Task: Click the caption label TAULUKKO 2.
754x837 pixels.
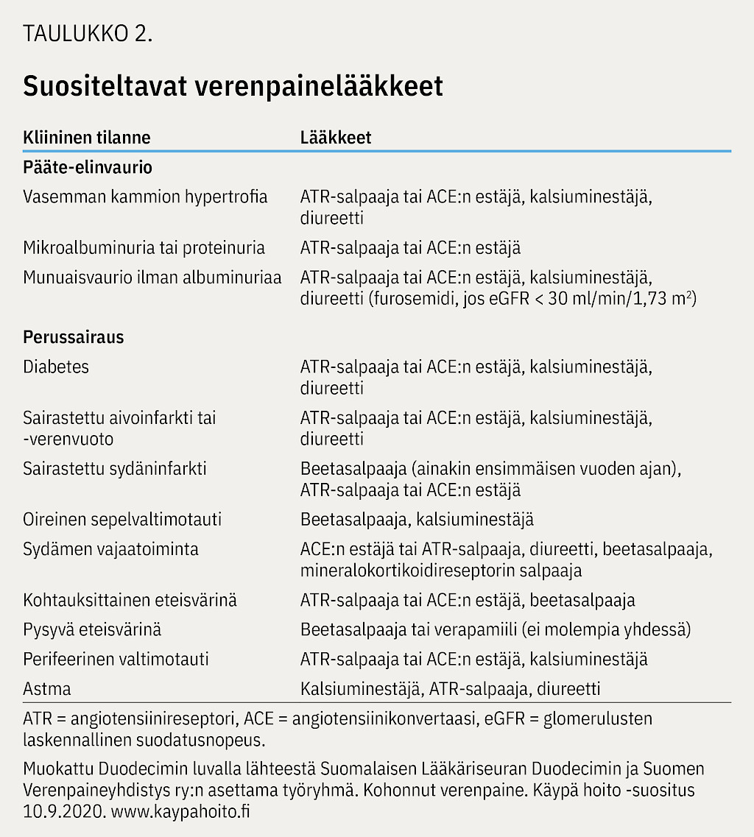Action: pos(88,35)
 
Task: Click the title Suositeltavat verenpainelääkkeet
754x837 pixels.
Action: pos(233,86)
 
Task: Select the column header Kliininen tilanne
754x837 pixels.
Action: pos(87,138)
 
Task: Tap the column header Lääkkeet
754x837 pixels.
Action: pos(336,138)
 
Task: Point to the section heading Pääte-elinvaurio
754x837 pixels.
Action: pos(88,167)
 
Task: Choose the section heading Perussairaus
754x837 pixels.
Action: pos(74,337)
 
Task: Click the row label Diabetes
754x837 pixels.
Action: pos(56,366)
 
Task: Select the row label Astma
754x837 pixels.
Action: pos(47,688)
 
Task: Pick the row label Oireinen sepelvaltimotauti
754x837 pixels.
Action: pos(122,520)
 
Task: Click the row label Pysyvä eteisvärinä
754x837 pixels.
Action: pos(92,629)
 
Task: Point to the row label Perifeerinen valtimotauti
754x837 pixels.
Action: pos(116,659)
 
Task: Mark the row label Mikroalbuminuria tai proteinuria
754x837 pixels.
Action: pos(144,247)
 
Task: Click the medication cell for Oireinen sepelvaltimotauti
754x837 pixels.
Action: pos(417,520)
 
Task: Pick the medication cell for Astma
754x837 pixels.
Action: pos(450,688)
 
